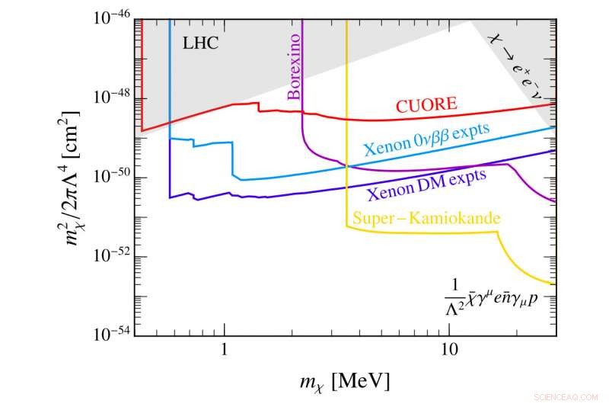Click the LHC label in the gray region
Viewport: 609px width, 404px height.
[200, 43]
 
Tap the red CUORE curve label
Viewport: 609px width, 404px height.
[427, 104]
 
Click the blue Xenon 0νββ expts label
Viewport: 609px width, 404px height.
[426, 139]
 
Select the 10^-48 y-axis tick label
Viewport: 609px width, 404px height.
[113, 98]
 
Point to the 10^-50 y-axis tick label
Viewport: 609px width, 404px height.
[113, 176]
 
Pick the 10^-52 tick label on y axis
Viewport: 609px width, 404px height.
[113, 255]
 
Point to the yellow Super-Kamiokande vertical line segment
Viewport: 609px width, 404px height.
[347, 114]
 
